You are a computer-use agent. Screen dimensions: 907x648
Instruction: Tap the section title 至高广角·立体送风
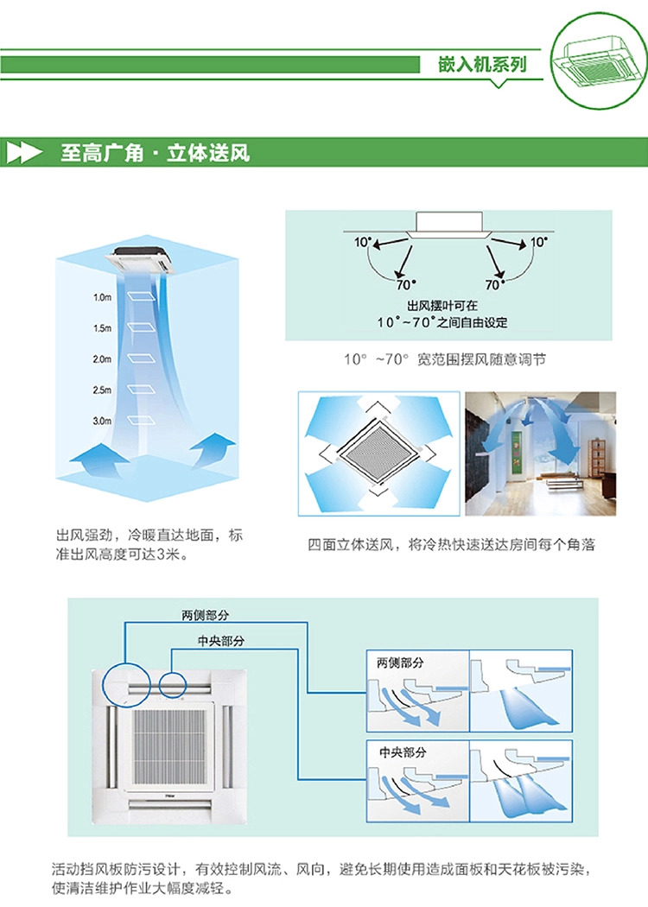tap(155, 154)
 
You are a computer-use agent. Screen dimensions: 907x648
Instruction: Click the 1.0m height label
tap(103, 297)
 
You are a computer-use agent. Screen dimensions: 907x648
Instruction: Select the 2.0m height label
tap(103, 358)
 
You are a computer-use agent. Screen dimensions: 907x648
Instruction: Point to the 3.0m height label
tap(103, 421)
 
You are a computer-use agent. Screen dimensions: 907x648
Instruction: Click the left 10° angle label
tap(361, 244)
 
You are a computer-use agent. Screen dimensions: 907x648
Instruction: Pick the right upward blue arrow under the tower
tap(212, 449)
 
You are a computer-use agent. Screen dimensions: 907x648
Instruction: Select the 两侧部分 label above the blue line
tap(206, 614)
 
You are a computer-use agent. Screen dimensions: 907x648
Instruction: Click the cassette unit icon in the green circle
tap(596, 61)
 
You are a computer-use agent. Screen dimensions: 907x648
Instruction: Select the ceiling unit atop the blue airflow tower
tap(146, 257)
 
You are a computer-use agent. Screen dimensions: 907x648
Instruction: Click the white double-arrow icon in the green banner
tap(25, 154)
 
